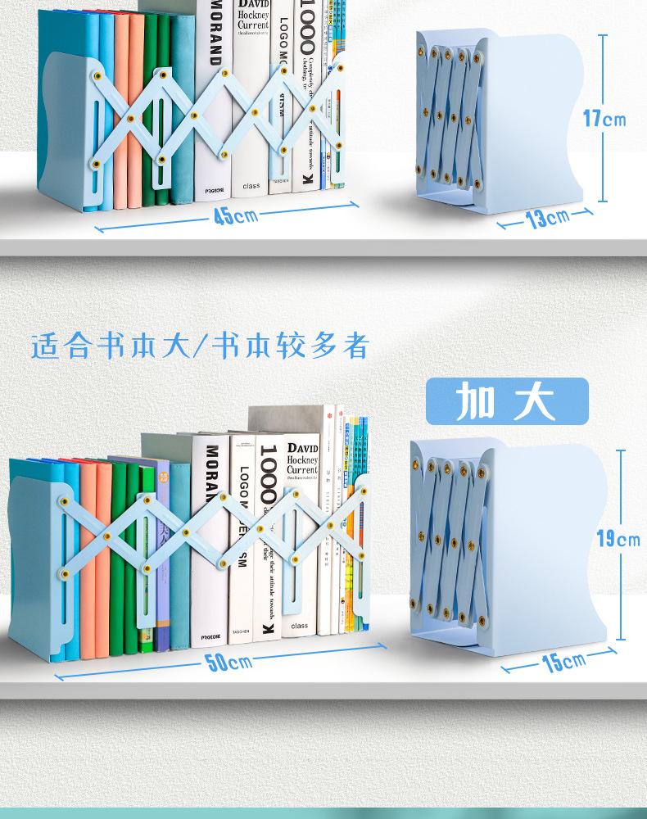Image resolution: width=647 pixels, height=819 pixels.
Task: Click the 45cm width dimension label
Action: (x=236, y=215)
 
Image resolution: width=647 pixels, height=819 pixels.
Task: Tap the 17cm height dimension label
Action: (x=604, y=119)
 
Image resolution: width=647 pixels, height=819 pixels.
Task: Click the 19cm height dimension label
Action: (x=618, y=539)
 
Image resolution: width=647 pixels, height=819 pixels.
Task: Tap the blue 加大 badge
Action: (x=505, y=401)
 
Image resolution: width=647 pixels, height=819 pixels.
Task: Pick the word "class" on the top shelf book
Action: (x=251, y=186)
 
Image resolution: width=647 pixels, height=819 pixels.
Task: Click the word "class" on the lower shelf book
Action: (x=299, y=626)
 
